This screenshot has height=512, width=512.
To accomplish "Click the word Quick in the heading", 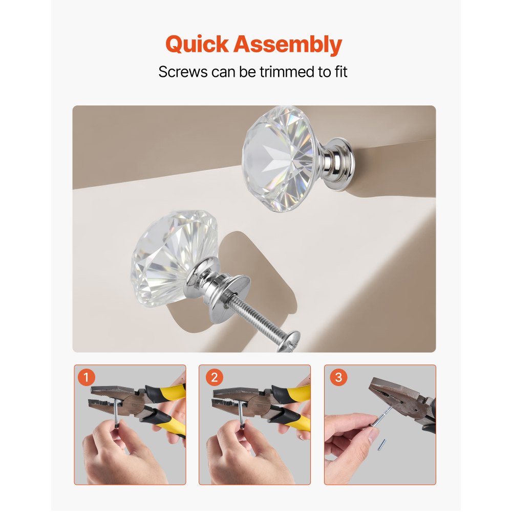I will [x=197, y=45].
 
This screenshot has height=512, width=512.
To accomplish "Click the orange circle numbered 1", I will [x=87, y=378].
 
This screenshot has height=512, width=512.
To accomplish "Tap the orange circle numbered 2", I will [x=213, y=378].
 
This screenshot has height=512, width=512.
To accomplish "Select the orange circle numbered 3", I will [x=338, y=378].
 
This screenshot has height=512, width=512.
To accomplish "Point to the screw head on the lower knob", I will [x=288, y=340].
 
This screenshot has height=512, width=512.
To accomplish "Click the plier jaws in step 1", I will [x=108, y=397].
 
